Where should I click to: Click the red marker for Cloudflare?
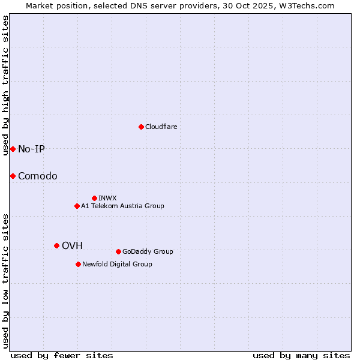coord(141,127)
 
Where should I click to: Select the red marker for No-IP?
coord(13,149)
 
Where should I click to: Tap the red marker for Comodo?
coord(13,176)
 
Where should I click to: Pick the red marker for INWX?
coord(94,198)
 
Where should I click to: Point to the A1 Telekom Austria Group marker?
coord(77,206)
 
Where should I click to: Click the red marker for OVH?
coord(56,245)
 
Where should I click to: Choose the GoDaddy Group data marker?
coord(118,251)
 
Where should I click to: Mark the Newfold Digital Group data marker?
coord(78,264)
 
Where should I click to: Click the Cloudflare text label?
coord(161,127)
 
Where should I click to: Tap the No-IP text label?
coord(31,149)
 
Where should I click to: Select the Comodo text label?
coord(38,176)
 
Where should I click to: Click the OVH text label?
coord(72,245)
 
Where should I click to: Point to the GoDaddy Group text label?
coord(148,251)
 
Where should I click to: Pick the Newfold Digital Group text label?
coord(117,264)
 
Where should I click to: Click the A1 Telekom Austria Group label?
coord(122,206)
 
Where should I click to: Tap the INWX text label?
coord(107,198)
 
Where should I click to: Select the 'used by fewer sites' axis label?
coord(62,355)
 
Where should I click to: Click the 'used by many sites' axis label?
coord(301,355)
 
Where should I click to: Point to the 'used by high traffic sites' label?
coord(5,85)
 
